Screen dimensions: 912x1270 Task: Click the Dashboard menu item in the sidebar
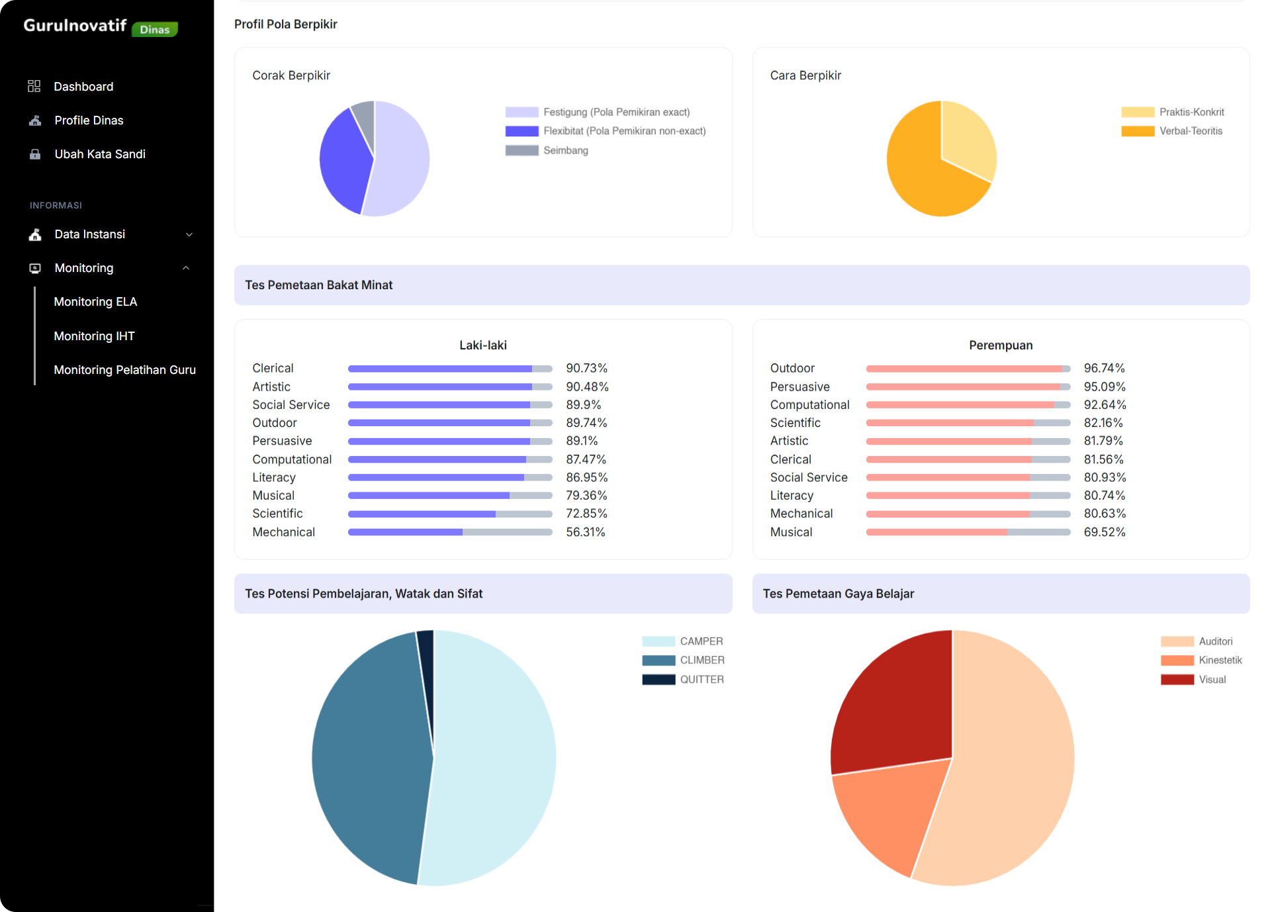tap(83, 87)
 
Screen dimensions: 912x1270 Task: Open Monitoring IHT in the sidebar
tap(94, 336)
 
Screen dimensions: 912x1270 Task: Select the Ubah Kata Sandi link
tap(100, 154)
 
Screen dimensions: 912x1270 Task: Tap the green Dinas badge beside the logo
tap(155, 30)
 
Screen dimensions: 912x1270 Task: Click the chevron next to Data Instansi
tap(189, 234)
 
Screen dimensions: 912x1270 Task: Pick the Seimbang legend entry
tap(565, 150)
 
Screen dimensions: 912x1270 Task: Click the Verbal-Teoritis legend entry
tap(1190, 131)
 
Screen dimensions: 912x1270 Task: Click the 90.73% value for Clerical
tap(586, 368)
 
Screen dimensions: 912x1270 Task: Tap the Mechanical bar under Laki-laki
tap(450, 532)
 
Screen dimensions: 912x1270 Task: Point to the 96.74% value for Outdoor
tap(1104, 368)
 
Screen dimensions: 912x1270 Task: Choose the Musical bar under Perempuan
tap(968, 532)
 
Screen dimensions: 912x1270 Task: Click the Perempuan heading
tap(1000, 345)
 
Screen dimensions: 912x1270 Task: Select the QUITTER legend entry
tap(702, 680)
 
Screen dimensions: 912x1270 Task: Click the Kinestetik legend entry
tap(1220, 661)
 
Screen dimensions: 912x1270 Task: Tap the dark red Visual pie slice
tap(893, 708)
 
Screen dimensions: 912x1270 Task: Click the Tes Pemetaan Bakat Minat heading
tap(319, 285)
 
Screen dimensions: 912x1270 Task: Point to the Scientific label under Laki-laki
tap(277, 514)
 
